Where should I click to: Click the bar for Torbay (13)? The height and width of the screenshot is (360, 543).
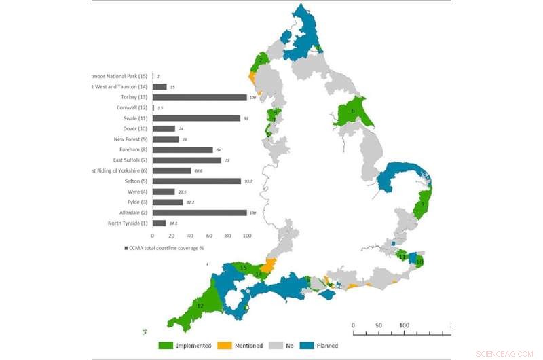[x=200, y=97]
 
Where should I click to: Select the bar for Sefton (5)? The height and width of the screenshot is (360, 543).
[x=197, y=181]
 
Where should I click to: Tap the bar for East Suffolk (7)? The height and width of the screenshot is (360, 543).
[x=187, y=160]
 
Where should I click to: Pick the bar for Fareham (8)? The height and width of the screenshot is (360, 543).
[x=183, y=149]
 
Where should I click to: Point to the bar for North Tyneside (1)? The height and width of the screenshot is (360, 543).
[x=159, y=223]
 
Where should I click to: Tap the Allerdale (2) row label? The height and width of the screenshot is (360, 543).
[x=129, y=213]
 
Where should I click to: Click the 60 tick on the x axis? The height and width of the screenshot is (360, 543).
[x=209, y=236]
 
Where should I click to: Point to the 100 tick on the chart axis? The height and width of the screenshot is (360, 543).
[x=246, y=236]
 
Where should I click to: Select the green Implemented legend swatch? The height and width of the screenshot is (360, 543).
[x=168, y=345]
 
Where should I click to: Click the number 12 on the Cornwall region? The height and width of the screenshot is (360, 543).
[x=200, y=306]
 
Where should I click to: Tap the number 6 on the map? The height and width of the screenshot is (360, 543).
[x=353, y=111]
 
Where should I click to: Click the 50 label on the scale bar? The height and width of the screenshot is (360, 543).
[x=378, y=325]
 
